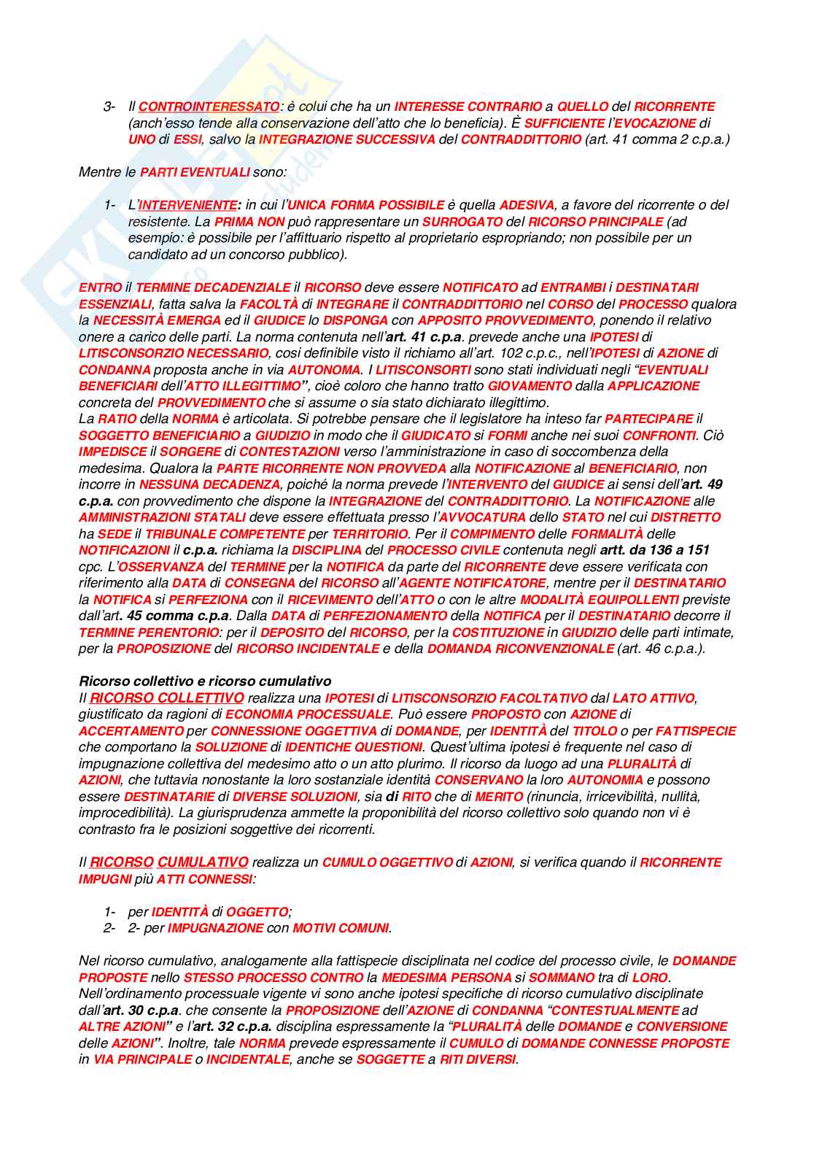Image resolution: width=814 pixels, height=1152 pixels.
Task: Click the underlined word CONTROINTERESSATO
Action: (209, 107)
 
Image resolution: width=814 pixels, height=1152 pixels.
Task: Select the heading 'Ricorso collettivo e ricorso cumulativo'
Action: (205, 681)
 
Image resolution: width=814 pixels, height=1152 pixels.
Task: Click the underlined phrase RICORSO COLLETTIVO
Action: (167, 698)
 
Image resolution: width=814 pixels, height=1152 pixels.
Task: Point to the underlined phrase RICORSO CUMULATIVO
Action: (169, 862)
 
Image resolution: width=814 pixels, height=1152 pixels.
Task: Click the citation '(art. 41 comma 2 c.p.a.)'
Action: (657, 139)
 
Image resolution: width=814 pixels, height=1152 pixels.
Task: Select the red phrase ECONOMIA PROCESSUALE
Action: (308, 714)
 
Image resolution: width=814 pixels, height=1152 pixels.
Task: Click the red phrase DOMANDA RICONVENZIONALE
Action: (520, 649)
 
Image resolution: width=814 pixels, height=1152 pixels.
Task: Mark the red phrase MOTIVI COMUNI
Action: (341, 928)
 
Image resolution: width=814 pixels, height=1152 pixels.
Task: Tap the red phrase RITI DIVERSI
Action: (478, 1059)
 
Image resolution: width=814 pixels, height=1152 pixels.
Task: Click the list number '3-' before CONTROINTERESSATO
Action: (109, 107)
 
